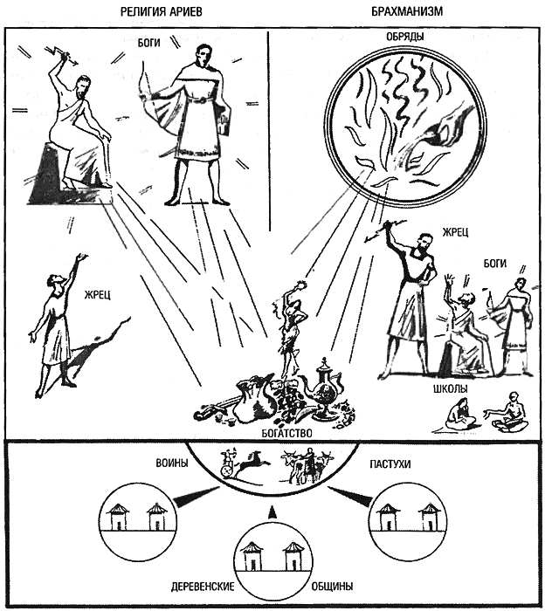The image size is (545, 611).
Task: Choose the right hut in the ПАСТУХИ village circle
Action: (x=428, y=518)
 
